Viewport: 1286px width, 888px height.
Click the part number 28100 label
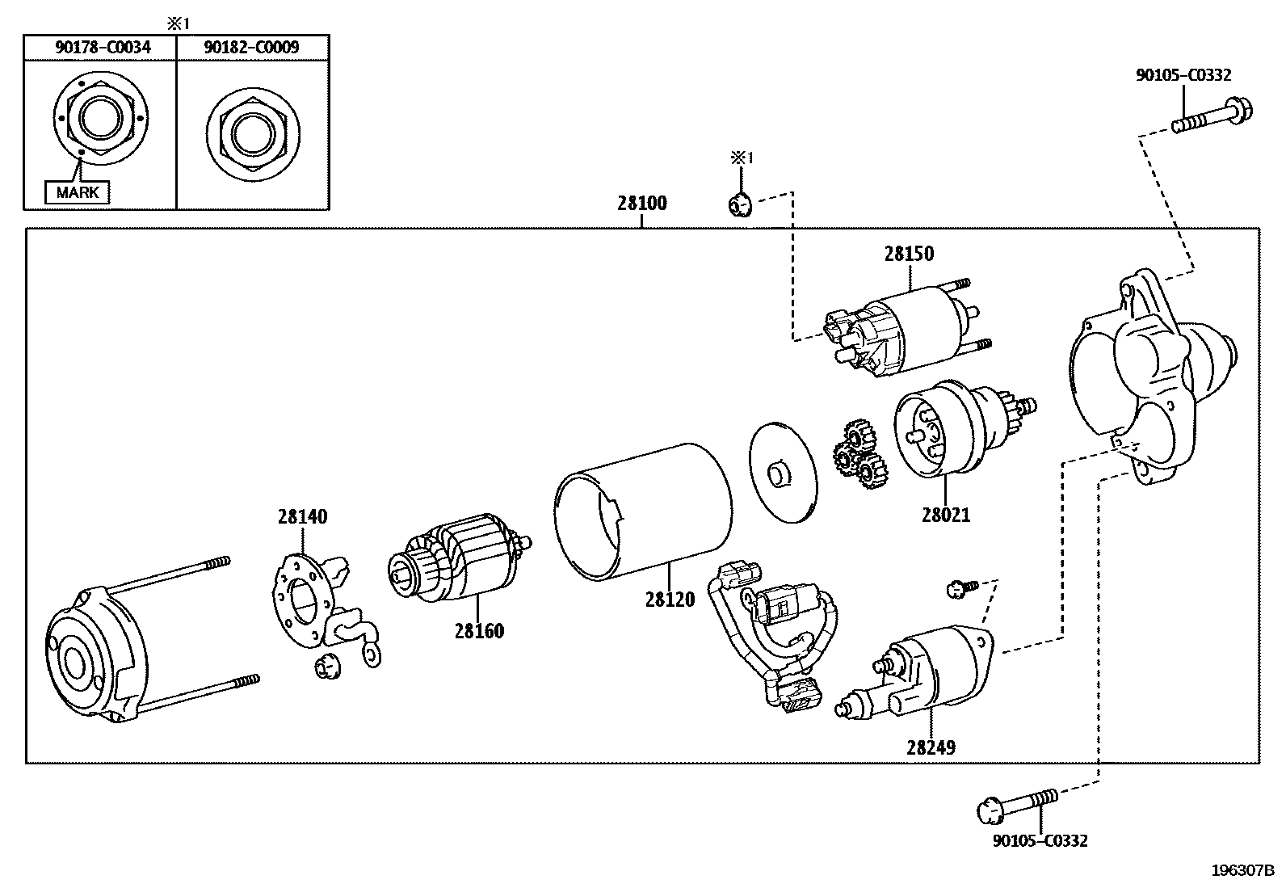click(x=642, y=203)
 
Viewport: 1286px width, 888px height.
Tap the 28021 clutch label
click(x=945, y=514)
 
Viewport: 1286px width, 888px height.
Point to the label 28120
click(x=670, y=600)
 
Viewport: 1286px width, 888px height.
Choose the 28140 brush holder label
click(x=302, y=516)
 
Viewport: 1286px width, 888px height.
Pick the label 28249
click(x=931, y=747)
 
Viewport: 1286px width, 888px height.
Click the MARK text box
click(x=78, y=192)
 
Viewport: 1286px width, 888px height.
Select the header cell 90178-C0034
click(x=103, y=48)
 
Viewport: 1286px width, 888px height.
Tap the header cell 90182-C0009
click(x=251, y=48)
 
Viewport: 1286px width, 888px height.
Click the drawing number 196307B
click(x=1242, y=870)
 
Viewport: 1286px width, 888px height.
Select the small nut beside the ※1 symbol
click(x=738, y=205)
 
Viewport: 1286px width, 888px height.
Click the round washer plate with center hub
click(x=782, y=472)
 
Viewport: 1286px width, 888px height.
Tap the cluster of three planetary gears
click(x=857, y=457)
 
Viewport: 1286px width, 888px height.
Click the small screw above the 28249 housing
click(x=961, y=587)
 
